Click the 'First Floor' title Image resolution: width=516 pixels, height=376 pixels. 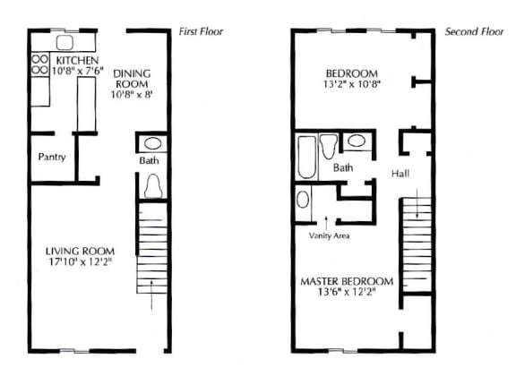(x=201, y=31)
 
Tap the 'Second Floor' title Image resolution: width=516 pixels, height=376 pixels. (x=474, y=31)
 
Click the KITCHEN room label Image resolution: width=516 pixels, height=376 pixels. (x=77, y=61)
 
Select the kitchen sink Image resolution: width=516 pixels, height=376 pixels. (x=64, y=42)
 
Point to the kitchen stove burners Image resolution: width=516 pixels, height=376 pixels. (x=39, y=64)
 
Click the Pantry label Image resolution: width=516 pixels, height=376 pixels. (x=52, y=157)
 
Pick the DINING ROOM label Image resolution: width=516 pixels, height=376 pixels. (x=132, y=79)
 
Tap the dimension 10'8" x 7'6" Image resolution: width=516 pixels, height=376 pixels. (x=78, y=71)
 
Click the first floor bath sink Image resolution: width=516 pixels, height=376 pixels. (x=153, y=143)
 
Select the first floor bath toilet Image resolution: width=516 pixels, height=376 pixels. (x=153, y=186)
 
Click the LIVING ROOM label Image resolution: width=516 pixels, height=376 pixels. (x=80, y=252)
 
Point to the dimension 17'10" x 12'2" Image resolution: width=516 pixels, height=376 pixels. (x=81, y=262)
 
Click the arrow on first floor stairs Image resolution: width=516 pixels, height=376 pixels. (x=151, y=295)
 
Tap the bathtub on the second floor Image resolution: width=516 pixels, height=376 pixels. (x=306, y=158)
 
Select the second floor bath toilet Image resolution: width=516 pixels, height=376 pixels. (x=329, y=147)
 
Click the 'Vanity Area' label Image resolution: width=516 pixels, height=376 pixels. (x=329, y=235)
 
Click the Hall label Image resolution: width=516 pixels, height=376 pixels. (x=400, y=174)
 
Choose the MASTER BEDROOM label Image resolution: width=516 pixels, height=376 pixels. (x=347, y=282)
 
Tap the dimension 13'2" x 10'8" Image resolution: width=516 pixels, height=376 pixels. (x=352, y=84)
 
